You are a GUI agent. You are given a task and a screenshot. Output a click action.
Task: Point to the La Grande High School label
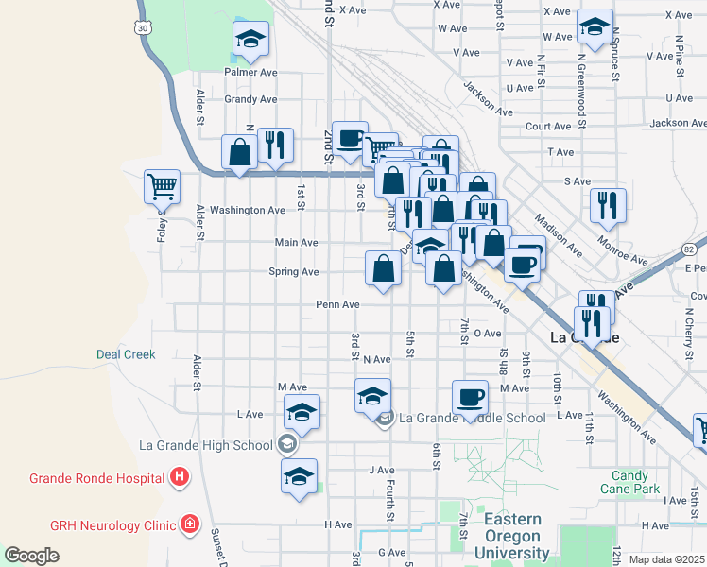pyautogui.click(x=205, y=445)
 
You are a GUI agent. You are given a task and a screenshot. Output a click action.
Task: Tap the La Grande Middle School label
pyautogui.click(x=472, y=418)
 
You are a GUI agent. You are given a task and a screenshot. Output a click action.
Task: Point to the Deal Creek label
pyautogui.click(x=126, y=355)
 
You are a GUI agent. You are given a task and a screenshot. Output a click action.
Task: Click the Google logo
pyautogui.click(x=31, y=555)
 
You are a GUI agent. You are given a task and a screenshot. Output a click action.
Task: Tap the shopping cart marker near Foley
pyautogui.click(x=162, y=186)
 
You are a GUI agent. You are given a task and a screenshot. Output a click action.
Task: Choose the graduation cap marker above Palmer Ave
pyautogui.click(x=250, y=39)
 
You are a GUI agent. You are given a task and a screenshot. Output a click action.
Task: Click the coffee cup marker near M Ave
pyautogui.click(x=470, y=397)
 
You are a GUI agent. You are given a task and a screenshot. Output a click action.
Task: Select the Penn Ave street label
pyautogui.click(x=337, y=305)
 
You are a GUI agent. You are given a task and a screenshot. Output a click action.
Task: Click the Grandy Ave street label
pyautogui.click(x=250, y=99)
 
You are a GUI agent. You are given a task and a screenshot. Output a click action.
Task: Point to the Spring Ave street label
pyautogui.click(x=295, y=272)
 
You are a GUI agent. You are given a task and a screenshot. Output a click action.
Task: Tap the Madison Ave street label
pyautogui.click(x=559, y=234)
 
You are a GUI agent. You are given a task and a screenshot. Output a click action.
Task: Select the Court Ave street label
pyautogui.click(x=548, y=127)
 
